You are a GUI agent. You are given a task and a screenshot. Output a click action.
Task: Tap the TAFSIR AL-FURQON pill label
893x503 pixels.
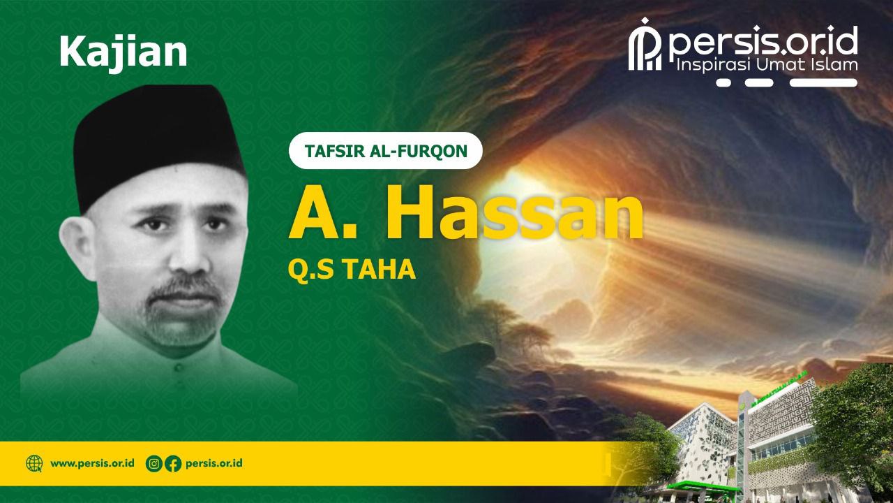tap(386, 151)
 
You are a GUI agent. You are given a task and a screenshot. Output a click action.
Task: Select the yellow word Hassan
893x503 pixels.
tap(513, 212)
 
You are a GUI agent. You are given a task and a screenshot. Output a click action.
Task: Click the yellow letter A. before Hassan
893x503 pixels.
tap(322, 212)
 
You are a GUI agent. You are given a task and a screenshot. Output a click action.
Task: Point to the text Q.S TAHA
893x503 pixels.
tap(352, 270)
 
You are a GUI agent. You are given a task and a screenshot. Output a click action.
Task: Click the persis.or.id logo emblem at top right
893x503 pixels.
tap(645, 45)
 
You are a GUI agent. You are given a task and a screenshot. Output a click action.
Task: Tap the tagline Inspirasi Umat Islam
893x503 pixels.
tap(767, 65)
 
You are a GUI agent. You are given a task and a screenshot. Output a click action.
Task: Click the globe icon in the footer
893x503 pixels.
tap(34, 464)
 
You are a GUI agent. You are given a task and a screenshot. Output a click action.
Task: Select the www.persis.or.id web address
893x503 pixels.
tap(92, 463)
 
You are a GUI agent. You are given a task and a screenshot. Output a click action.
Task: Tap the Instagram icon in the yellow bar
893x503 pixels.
tap(154, 464)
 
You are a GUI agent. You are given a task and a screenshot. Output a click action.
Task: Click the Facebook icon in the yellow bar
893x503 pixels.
tap(173, 464)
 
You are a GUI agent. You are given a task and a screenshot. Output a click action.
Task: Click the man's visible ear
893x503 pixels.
tap(77, 248)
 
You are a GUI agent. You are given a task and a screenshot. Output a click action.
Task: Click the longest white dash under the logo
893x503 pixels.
tap(824, 83)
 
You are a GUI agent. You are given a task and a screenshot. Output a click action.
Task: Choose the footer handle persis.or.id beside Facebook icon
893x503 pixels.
tap(214, 463)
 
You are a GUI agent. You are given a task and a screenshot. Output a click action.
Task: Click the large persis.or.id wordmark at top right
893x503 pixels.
tap(763, 41)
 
